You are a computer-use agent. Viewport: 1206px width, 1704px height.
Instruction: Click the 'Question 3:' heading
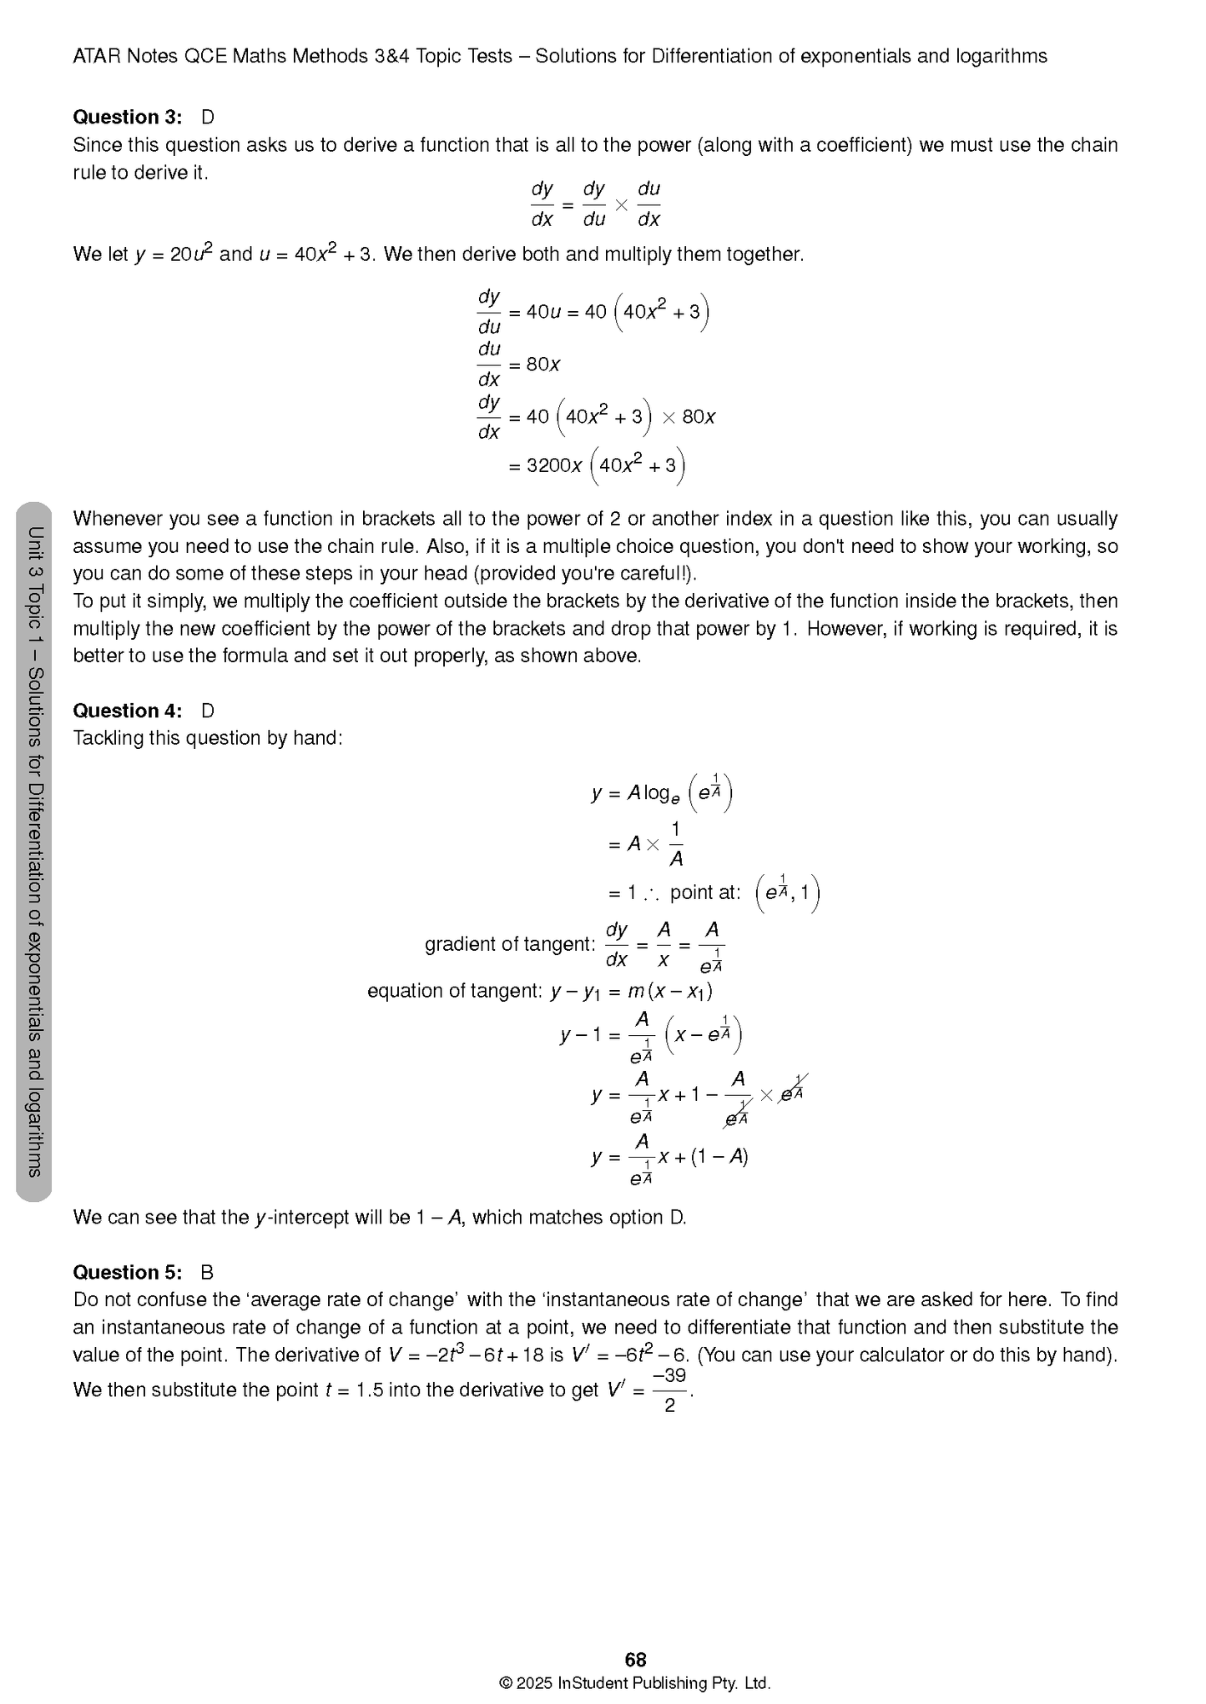tap(127, 117)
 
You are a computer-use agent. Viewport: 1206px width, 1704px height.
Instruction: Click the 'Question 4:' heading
tap(127, 711)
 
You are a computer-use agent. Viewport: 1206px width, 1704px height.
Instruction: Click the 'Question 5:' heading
tap(127, 1272)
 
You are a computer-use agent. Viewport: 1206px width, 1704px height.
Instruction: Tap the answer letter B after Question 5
tap(207, 1272)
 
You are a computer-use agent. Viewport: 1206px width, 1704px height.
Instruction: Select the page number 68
tap(635, 1660)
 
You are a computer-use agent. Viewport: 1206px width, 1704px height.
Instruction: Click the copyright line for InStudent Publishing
tap(635, 1683)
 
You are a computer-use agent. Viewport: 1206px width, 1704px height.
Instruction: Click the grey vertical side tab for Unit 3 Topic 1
tap(34, 851)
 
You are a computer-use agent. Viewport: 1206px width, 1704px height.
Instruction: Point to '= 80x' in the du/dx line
tap(534, 364)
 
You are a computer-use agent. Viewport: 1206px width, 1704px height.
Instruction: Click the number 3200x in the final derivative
tap(554, 465)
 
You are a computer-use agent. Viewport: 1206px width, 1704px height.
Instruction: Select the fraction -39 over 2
tap(669, 1390)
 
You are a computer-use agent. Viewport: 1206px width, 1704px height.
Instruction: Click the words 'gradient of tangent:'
tap(509, 944)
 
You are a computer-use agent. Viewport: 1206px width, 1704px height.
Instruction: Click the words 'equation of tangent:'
tap(455, 991)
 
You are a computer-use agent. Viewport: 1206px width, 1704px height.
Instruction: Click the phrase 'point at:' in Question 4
tap(705, 892)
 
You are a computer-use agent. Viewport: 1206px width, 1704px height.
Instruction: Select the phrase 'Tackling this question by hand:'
tap(208, 738)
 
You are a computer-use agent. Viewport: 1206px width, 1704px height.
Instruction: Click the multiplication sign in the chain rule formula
tap(620, 204)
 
